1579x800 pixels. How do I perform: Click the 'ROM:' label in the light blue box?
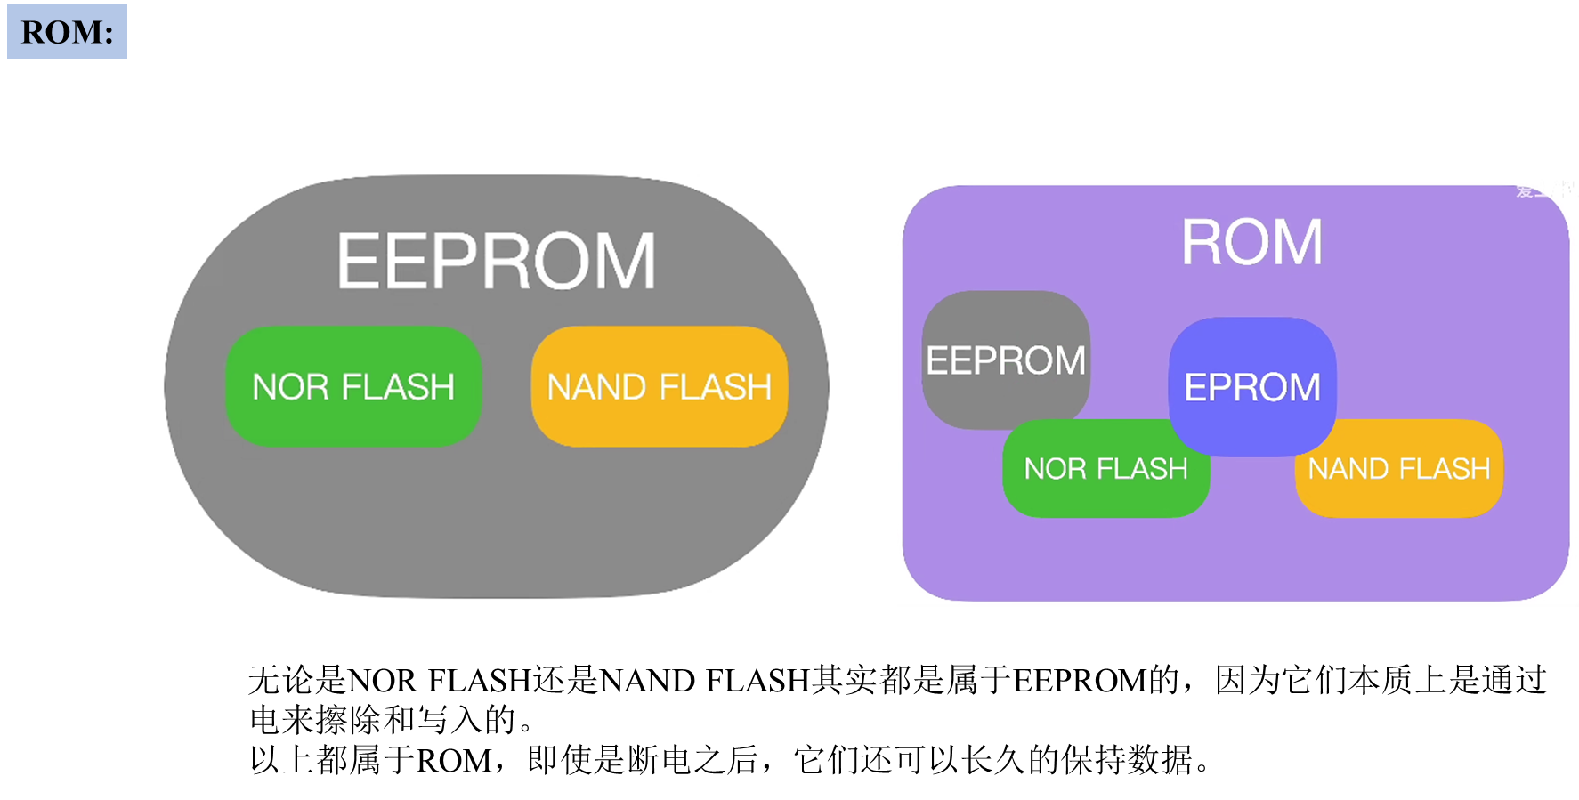point(67,32)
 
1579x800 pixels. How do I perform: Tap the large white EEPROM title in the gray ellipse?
point(496,262)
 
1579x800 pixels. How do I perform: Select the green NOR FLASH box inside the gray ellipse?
point(353,386)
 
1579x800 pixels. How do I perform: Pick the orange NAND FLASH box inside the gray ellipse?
point(659,386)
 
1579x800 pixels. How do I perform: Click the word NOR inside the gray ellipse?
point(290,387)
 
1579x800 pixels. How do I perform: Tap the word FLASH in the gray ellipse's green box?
point(398,387)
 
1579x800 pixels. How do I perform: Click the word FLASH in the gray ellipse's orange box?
point(716,387)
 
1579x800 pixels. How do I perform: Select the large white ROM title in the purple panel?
point(1251,242)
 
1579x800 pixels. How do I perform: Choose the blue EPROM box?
point(1252,386)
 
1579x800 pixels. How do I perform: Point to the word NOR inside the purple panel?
point(1055,469)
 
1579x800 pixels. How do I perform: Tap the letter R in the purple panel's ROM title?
point(1201,242)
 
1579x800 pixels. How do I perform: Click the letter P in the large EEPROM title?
point(464,262)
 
